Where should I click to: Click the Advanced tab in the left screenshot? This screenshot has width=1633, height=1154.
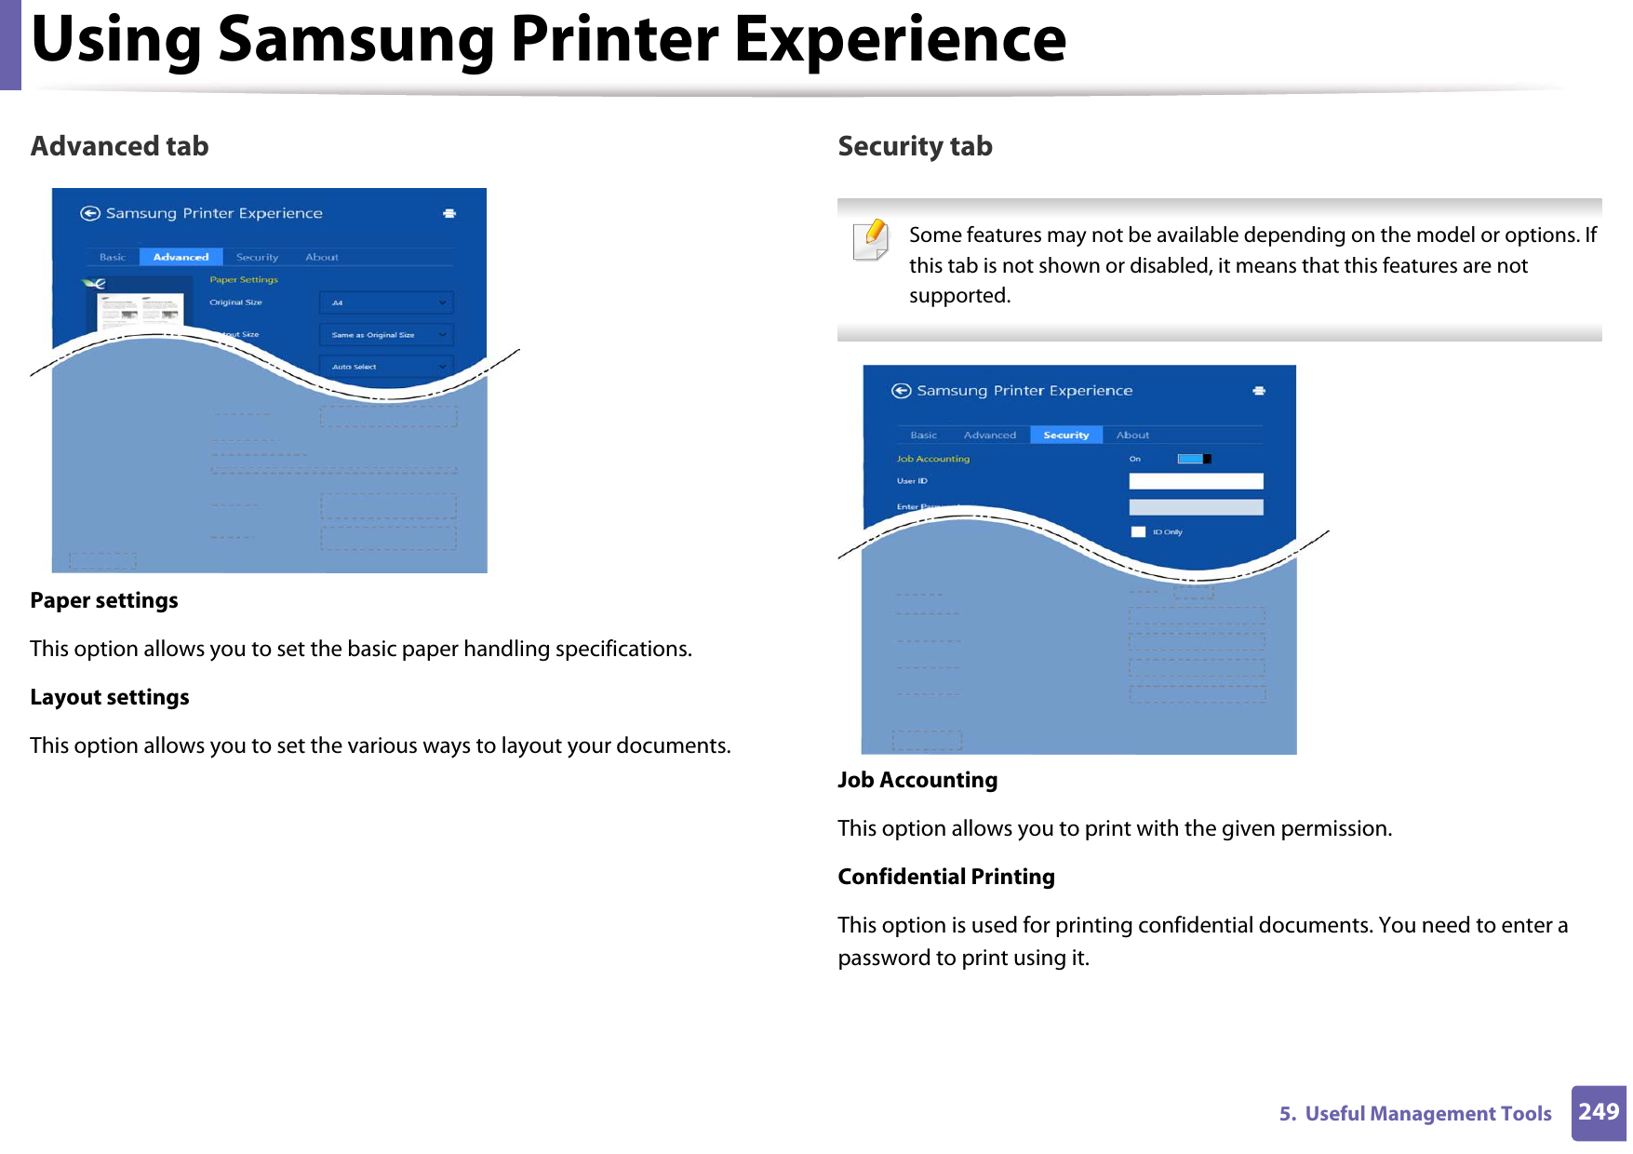(181, 257)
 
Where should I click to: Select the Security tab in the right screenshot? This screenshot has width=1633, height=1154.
(1065, 435)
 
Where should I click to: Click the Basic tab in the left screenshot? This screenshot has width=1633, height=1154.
(113, 257)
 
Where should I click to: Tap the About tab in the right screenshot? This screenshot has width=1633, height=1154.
(1132, 435)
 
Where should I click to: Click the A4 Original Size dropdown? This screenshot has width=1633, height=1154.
(386, 302)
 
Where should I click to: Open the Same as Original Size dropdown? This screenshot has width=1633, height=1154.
(386, 334)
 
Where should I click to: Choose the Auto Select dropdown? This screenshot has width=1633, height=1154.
(386, 367)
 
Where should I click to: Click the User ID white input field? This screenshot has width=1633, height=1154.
(1196, 481)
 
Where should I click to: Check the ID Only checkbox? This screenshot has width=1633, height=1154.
(1138, 532)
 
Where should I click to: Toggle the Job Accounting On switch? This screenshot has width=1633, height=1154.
(1194, 459)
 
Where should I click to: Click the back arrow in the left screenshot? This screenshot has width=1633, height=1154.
(90, 213)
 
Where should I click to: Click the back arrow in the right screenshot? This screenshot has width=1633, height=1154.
(901, 391)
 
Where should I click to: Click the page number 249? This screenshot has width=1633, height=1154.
(1599, 1112)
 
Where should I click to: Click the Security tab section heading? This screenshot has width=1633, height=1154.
(915, 146)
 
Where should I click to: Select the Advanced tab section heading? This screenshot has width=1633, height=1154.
(119, 146)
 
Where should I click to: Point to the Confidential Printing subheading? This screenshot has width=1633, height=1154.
(945, 877)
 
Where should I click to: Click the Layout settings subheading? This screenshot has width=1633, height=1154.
(110, 697)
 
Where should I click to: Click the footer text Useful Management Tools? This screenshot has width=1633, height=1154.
(1427, 1113)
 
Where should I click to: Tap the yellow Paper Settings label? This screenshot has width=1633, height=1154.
(244, 279)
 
